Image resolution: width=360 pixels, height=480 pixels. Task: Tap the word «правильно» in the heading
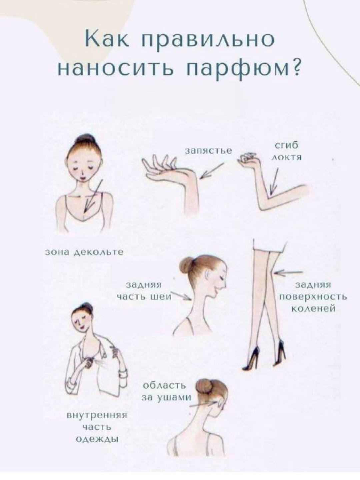[208, 40]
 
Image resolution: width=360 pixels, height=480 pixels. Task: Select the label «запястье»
[209, 151]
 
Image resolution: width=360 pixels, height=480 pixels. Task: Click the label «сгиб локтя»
[286, 151]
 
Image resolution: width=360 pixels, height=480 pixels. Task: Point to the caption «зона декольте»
[84, 252]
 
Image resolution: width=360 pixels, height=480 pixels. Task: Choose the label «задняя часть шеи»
[144, 291]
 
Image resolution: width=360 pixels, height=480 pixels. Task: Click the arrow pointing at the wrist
[212, 171]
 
